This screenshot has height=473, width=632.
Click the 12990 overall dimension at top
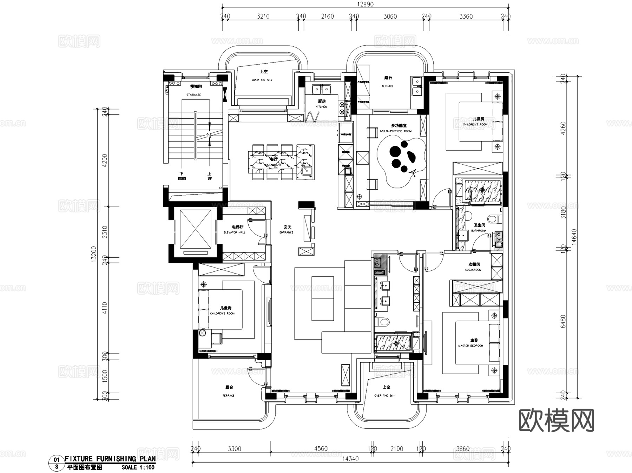(366, 4)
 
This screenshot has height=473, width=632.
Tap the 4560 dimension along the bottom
(321, 449)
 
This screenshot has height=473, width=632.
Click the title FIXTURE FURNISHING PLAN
(110, 459)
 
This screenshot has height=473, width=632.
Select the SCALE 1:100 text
(138, 467)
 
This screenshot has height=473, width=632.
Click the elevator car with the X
(195, 229)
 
